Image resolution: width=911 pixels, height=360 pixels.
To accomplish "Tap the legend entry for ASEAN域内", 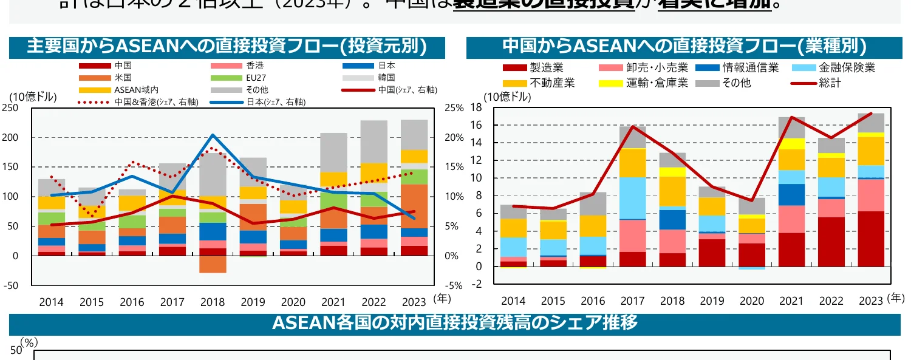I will pos(128,90).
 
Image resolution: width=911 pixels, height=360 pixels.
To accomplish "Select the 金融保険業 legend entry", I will pos(847,68).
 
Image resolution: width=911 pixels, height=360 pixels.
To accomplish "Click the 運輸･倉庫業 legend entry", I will pos(657,83).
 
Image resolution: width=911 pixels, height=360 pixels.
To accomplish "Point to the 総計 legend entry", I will pos(830,83).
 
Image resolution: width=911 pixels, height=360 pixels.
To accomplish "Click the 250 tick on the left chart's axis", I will pos(10,108).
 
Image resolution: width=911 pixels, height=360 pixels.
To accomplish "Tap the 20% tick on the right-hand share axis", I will pos(454,138).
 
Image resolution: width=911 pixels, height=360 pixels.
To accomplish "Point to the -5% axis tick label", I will pos(454,285).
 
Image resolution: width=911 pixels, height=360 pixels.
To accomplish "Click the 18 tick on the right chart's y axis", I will pos(476,108).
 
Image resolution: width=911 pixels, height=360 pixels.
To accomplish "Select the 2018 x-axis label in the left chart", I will pos(212,302).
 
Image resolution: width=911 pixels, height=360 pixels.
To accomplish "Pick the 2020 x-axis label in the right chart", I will pos(752,301).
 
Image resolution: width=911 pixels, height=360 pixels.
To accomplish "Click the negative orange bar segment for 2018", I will pos(212,264).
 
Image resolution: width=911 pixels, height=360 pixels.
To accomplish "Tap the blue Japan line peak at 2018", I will pos(213,135).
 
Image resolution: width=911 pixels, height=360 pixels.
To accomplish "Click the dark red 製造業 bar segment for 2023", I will pos(872,239).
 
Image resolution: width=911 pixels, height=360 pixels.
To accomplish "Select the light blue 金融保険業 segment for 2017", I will pos(633,198).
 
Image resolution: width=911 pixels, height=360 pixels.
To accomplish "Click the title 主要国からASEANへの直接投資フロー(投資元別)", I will pos(227,47).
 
